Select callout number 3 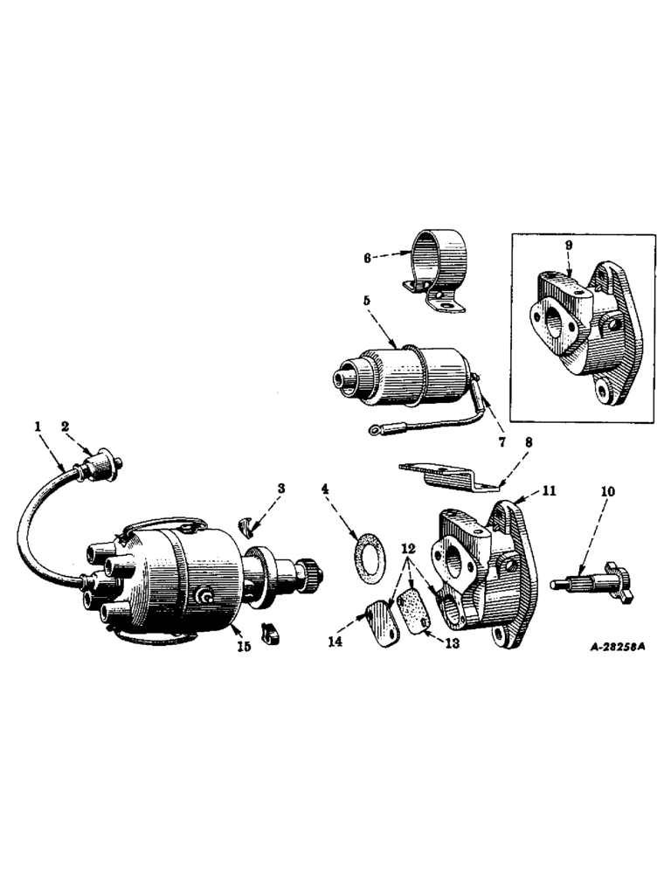[x=280, y=488]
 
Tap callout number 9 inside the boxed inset [x=568, y=247]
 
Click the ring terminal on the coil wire [x=377, y=428]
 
